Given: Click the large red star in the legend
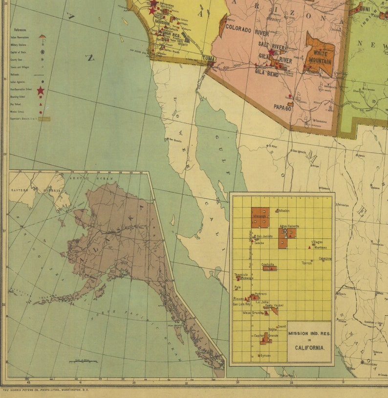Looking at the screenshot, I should [41, 90].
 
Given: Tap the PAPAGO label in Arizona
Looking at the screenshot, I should [282, 108].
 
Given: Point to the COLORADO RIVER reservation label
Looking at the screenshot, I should [247, 30].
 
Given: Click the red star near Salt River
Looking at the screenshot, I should [272, 52].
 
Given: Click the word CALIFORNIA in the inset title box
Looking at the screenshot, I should [309, 348].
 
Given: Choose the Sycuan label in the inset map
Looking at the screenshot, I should [265, 355].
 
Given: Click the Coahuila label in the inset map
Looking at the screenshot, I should [267, 264].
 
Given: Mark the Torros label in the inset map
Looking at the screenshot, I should [306, 263].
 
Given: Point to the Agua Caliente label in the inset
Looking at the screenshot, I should [289, 226].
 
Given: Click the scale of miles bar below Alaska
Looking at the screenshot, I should [83, 362].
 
